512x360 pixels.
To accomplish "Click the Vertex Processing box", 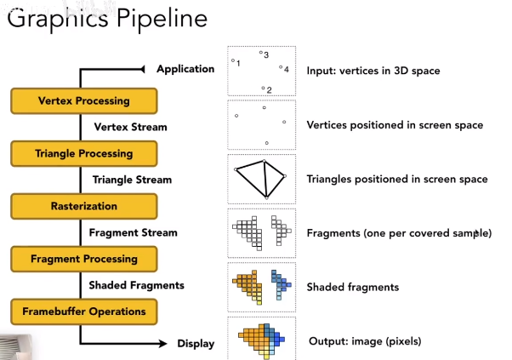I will [84, 101].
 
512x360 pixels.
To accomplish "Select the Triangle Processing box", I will [84, 154].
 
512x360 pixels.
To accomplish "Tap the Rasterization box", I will [84, 206].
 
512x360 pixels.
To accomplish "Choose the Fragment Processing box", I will [84, 259].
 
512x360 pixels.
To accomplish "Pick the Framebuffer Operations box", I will [84, 311].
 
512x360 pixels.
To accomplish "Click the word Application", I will [185, 69].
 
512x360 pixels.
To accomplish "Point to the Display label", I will [196, 344].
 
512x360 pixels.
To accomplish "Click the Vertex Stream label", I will [129, 127].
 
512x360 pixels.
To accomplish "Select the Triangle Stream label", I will [132, 180].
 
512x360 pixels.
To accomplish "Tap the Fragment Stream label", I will [134, 232].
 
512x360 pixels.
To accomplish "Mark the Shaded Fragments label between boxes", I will [136, 285].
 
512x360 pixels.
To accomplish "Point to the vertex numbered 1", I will [233, 60].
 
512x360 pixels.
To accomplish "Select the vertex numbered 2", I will [264, 87].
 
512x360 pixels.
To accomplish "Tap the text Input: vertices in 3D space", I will [373, 71].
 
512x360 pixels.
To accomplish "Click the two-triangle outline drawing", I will [260, 178].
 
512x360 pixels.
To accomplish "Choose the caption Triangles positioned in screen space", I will [397, 180].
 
